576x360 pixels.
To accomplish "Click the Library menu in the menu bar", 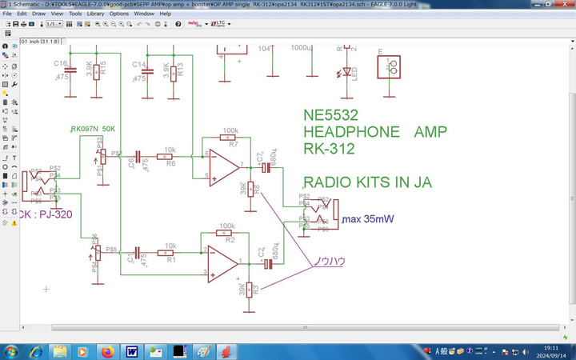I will [x=96, y=14].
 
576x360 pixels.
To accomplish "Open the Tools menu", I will [x=75, y=14].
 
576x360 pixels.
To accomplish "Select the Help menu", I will [x=165, y=14].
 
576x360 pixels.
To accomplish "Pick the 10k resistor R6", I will [x=170, y=155].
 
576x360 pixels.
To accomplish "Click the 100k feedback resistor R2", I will [x=230, y=233].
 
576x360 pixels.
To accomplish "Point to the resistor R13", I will [x=172, y=72].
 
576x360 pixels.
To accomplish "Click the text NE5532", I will [x=331, y=115].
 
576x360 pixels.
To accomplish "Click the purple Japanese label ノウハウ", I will [x=328, y=261].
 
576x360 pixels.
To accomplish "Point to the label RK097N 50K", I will [x=93, y=128].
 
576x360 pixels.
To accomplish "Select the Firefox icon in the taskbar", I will [x=106, y=351].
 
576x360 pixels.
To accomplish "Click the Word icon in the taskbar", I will [x=130, y=351].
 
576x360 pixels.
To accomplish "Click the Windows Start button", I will [x=14, y=351].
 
